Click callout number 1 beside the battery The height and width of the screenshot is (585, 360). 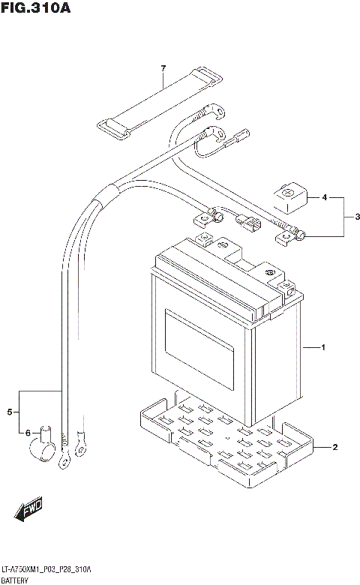click(322, 348)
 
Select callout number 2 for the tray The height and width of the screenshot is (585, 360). click(334, 448)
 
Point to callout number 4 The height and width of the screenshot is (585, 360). click(324, 198)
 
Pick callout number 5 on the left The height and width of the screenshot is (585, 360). click(10, 412)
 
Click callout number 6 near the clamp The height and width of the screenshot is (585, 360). click(28, 433)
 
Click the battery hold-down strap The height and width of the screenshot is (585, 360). click(159, 103)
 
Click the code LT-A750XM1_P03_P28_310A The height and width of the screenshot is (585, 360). click(46, 570)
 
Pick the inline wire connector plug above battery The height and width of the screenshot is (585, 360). click(249, 223)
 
